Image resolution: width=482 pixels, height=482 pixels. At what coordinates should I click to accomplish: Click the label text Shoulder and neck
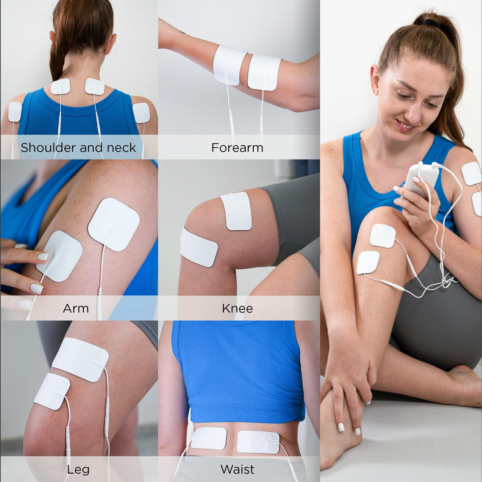tap(78, 148)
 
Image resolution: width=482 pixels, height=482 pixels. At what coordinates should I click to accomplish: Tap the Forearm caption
tap(237, 148)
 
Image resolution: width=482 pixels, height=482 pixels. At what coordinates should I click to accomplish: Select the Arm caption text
tap(75, 308)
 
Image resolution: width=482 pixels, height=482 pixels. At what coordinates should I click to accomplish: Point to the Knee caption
tap(237, 308)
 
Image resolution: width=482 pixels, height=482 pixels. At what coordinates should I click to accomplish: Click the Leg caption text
tap(78, 469)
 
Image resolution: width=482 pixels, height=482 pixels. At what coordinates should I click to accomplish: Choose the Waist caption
tap(237, 469)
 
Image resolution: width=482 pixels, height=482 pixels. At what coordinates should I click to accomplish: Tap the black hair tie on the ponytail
tap(431, 23)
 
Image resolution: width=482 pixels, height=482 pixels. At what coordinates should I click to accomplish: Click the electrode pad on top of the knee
tap(237, 211)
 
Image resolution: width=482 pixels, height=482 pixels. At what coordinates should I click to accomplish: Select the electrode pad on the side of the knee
tap(199, 247)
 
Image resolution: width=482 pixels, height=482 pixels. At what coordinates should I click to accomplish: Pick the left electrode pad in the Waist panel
tap(209, 438)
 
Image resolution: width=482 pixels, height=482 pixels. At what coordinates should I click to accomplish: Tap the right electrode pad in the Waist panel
tap(258, 442)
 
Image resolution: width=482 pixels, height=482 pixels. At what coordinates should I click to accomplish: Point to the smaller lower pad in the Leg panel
tap(52, 391)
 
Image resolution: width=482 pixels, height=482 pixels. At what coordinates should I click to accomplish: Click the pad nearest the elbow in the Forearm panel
tap(264, 72)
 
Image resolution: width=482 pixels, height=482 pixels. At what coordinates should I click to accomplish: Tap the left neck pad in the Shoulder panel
tap(60, 87)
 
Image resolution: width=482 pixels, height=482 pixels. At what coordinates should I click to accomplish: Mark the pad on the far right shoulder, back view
tap(141, 113)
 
